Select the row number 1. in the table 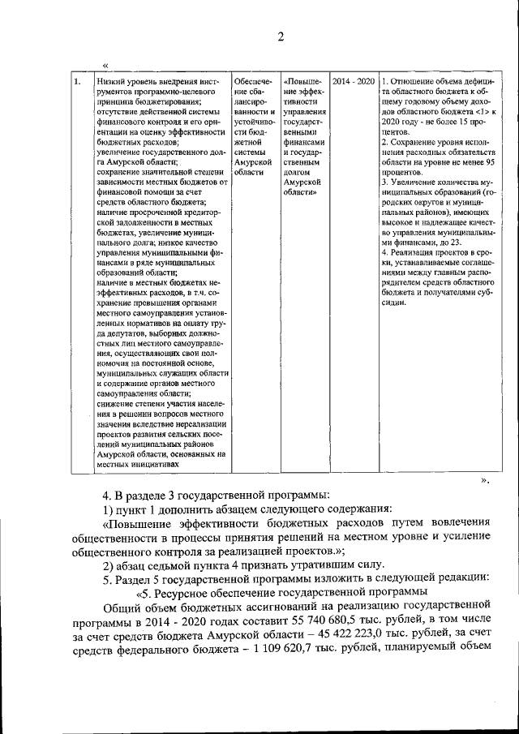(x=77, y=82)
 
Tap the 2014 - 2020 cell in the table (x=353, y=82)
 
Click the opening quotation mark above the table (x=105, y=64)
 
